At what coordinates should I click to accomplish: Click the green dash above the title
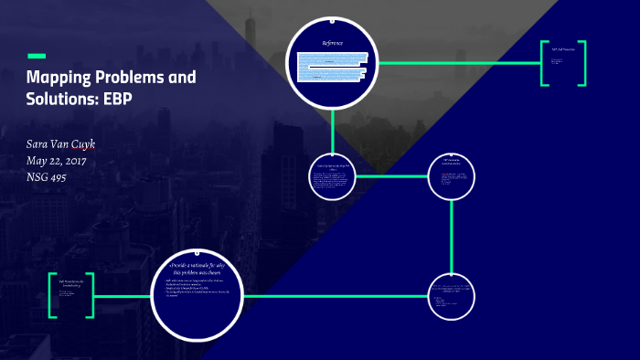[x=37, y=57]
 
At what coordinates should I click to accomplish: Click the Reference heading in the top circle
[x=332, y=44]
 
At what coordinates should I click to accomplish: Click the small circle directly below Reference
[x=333, y=174]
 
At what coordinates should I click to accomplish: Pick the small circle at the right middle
[x=453, y=175]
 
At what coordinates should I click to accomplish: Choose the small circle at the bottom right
[x=452, y=297]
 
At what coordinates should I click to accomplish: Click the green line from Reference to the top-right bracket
[x=457, y=63]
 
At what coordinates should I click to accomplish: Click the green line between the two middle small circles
[x=393, y=175]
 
